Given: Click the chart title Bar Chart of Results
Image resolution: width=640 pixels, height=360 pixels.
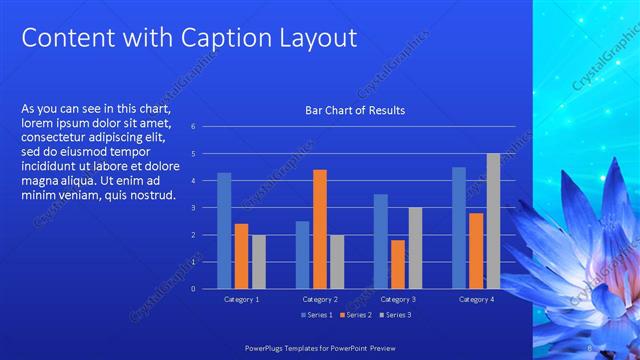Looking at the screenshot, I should click(355, 110).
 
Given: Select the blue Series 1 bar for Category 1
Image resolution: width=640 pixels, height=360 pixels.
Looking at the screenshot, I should click(224, 231).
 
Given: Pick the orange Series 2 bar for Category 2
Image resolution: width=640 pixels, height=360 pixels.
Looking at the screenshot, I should click(320, 229).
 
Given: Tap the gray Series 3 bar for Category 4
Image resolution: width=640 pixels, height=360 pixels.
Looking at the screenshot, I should click(493, 221).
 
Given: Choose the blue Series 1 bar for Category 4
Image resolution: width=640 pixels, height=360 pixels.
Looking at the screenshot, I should click(459, 228).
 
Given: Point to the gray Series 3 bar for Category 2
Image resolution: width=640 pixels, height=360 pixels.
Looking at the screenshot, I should click(337, 262).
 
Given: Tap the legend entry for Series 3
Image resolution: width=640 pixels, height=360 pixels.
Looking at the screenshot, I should click(395, 315).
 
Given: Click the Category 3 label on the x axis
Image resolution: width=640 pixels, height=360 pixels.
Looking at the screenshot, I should click(398, 299).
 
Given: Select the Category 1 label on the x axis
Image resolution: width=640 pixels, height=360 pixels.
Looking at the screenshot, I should click(241, 299).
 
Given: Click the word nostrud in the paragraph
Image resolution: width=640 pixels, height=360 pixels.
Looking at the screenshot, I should click(149, 194).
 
